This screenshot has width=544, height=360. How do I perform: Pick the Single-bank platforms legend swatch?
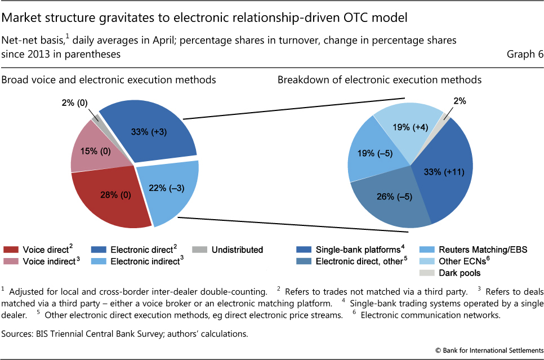[x=305, y=250]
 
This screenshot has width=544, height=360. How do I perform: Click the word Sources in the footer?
[x=18, y=334]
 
